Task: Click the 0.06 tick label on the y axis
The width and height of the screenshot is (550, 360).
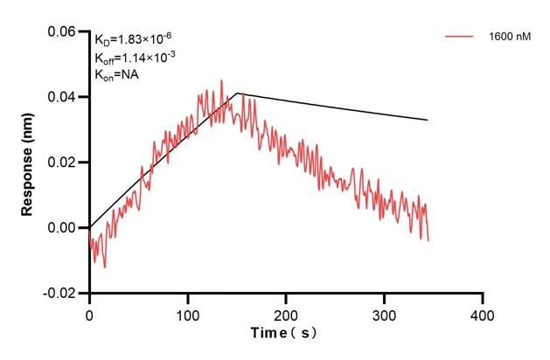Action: [x=62, y=31]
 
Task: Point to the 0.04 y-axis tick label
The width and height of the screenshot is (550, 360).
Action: [x=62, y=97]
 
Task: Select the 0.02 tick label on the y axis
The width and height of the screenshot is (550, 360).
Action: [x=62, y=163]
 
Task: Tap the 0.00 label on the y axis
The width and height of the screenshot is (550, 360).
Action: [x=62, y=228]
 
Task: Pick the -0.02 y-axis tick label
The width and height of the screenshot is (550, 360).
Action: [x=60, y=294]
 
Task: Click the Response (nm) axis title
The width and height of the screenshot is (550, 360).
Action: [x=29, y=162]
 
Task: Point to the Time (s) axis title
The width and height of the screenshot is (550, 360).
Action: [x=285, y=333]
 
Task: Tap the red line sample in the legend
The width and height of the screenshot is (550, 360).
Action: [x=459, y=37]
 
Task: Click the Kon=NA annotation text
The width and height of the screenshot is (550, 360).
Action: [x=117, y=75]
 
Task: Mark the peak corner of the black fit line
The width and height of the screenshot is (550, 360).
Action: [x=237, y=93]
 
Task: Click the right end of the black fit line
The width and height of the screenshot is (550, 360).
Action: [x=428, y=120]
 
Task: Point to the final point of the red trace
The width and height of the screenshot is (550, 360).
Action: [x=428, y=240]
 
